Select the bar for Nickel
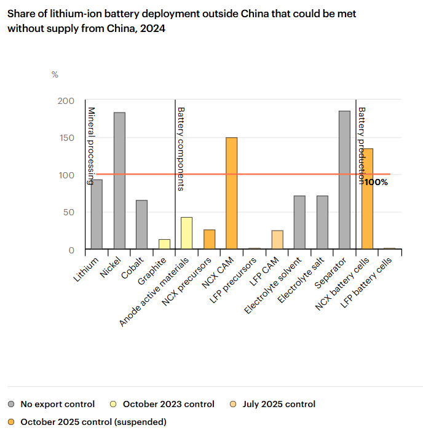coord(119,181)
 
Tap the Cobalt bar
coord(142,224)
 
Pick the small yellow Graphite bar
coord(164,244)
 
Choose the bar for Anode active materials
coord(187,233)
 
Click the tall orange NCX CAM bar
coord(232,193)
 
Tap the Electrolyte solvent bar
coord(299,222)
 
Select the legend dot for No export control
coord(12,405)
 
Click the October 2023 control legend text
coord(168,405)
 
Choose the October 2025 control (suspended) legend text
coord(93,422)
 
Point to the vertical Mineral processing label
coord(91,145)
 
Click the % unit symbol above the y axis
coord(55,74)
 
